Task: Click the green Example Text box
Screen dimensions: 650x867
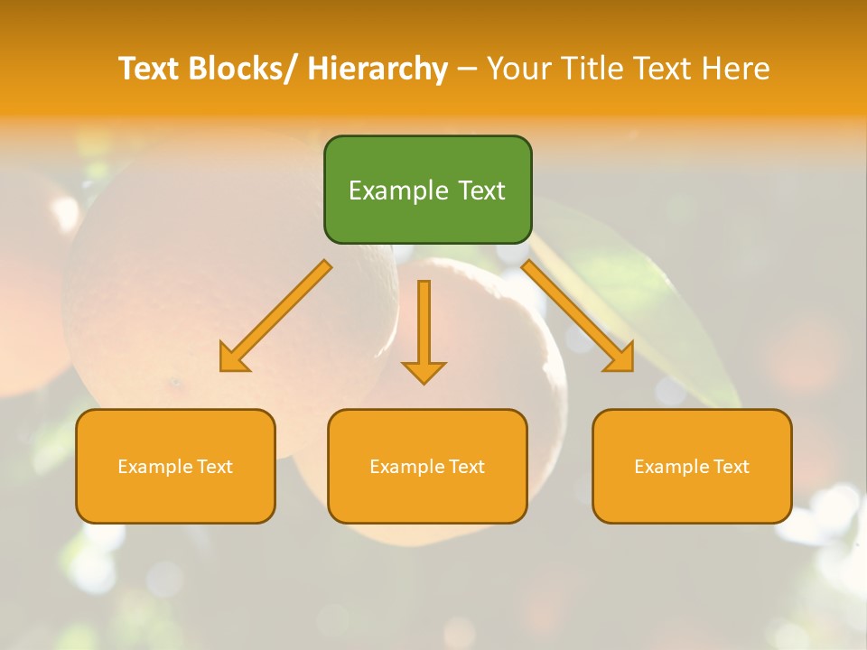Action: point(427,190)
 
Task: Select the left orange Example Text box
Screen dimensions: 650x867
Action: point(175,466)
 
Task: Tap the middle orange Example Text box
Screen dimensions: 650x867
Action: point(427,466)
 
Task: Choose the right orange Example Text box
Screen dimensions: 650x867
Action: point(692,466)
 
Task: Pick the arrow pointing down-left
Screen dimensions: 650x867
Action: point(275,316)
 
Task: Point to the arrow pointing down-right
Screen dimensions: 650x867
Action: point(578,316)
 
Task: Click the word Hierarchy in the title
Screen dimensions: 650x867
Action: point(378,69)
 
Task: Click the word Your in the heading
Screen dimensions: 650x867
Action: point(520,69)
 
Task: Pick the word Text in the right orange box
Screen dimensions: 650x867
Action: point(731,467)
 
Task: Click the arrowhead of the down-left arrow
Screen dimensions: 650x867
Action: point(233,358)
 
